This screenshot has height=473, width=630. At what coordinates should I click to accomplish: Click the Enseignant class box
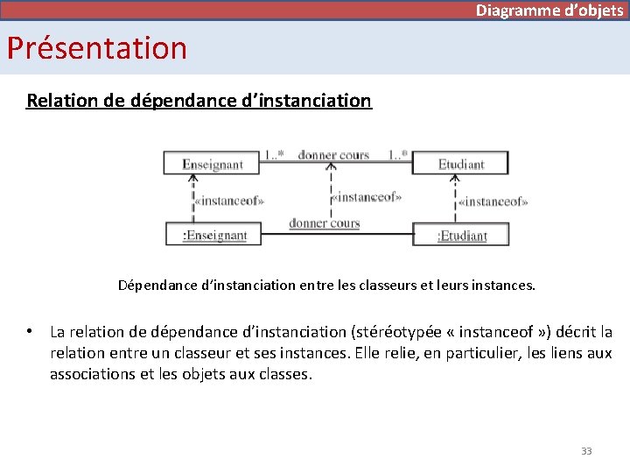point(213,163)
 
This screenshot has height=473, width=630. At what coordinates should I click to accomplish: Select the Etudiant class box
point(461,163)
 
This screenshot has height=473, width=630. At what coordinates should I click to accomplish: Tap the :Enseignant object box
point(214,235)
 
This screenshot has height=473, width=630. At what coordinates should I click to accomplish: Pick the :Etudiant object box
point(462,235)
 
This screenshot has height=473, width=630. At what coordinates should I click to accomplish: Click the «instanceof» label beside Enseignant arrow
point(230,201)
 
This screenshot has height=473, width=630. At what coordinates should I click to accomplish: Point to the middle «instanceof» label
point(367,197)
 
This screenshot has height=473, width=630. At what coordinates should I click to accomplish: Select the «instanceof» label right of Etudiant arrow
point(493,201)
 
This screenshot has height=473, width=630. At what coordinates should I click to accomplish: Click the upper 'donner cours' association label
point(333,155)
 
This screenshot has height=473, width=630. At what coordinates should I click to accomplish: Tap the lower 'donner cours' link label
point(325,223)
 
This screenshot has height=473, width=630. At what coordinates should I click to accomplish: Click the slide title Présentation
point(97,47)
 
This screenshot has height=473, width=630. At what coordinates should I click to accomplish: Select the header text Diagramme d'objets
point(549,11)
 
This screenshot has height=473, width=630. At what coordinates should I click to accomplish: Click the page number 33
point(586,451)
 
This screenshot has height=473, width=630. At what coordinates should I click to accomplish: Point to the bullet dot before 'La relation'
point(29,332)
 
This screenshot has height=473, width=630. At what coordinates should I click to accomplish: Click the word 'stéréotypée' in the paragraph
point(399,332)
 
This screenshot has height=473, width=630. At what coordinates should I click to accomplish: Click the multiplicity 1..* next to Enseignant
point(274,155)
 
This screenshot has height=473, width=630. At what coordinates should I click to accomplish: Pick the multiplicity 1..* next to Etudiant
point(398,155)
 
